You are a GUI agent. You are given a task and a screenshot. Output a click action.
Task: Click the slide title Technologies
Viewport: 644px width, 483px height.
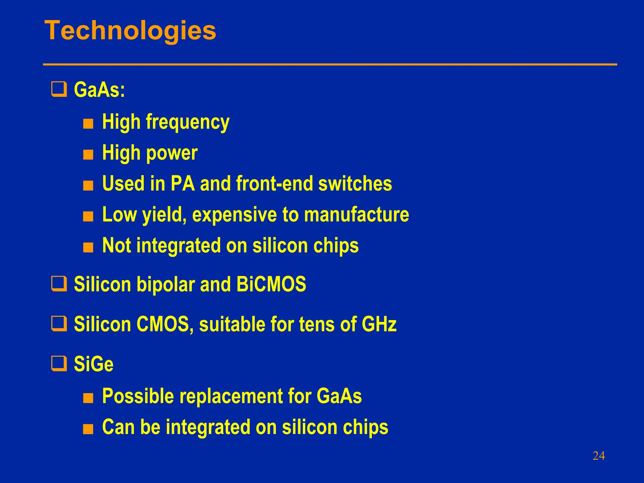tap(130, 31)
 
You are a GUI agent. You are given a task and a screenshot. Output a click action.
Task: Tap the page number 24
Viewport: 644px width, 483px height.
tap(598, 456)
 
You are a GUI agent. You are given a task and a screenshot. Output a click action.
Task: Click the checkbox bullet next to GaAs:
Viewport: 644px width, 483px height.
tap(59, 89)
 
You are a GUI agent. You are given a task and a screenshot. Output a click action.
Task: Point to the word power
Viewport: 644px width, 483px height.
tap(172, 153)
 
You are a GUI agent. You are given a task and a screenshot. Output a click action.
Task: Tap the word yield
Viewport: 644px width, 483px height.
tap(163, 215)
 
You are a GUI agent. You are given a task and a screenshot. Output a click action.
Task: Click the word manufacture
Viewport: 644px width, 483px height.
tap(357, 214)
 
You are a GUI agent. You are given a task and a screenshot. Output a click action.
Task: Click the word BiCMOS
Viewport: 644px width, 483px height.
tap(271, 284)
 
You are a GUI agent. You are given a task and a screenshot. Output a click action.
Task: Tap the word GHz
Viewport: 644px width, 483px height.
tap(379, 324)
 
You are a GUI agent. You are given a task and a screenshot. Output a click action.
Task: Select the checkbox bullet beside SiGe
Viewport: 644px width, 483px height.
tap(59, 364)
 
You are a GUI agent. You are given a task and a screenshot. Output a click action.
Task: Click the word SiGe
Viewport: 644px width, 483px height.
tap(93, 364)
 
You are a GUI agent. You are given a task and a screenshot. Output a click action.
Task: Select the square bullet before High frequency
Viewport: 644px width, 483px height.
tap(88, 124)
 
